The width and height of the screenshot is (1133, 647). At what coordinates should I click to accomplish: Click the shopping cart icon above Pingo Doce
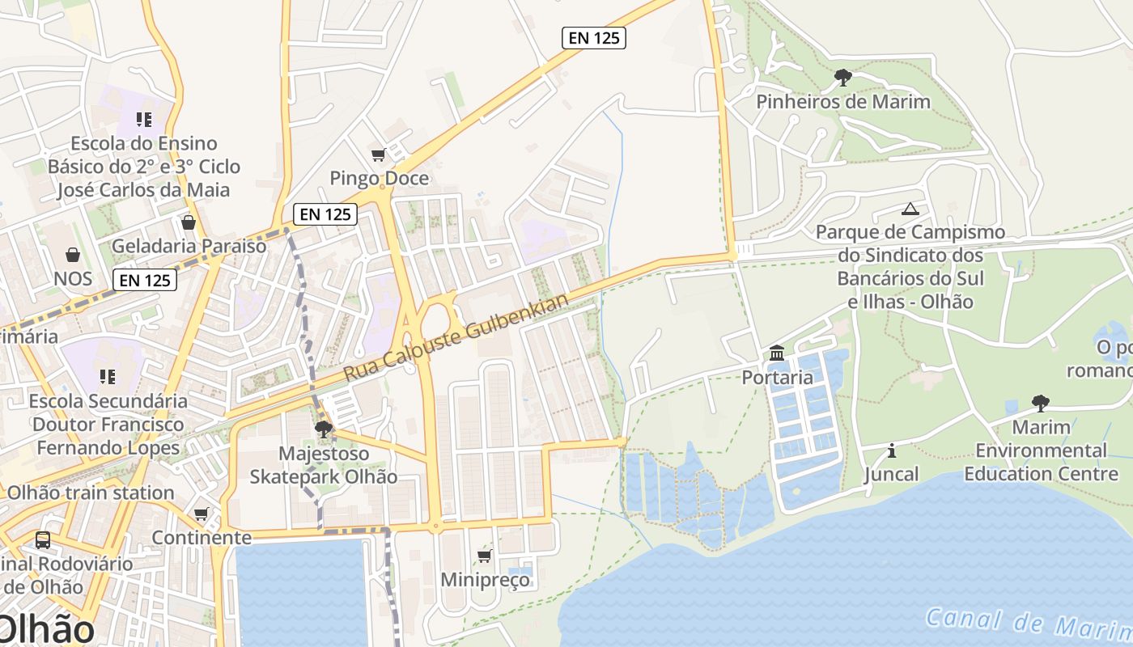(378, 154)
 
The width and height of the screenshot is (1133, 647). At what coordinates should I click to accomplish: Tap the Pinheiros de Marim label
(842, 102)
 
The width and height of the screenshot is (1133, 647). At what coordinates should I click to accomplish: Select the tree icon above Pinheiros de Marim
(842, 78)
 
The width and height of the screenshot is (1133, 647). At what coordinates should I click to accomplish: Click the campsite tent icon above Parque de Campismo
(910, 209)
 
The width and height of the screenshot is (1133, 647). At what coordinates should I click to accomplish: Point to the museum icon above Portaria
(777, 353)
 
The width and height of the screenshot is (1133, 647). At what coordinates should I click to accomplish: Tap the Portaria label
(777, 377)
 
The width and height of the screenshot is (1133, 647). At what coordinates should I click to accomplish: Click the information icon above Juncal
(892, 450)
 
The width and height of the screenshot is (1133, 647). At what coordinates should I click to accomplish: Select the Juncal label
(892, 474)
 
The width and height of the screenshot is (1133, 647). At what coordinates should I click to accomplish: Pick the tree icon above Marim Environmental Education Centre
(1041, 403)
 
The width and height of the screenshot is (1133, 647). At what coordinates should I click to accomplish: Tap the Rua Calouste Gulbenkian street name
(456, 337)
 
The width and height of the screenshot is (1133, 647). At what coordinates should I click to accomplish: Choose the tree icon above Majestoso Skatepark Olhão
(324, 429)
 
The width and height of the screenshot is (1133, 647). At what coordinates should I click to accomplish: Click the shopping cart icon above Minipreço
(485, 556)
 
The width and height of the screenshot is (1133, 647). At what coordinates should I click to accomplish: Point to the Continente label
(202, 538)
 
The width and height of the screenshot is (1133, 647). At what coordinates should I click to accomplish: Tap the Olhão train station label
(90, 493)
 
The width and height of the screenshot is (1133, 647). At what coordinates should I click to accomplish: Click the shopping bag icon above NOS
(73, 256)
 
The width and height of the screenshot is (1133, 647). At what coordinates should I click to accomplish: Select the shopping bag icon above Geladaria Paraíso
(189, 222)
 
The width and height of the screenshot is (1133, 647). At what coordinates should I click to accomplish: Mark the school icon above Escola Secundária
(108, 377)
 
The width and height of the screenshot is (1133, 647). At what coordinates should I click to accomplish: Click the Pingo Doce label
(379, 178)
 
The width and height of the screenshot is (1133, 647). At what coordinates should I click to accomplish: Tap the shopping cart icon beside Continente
(202, 514)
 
